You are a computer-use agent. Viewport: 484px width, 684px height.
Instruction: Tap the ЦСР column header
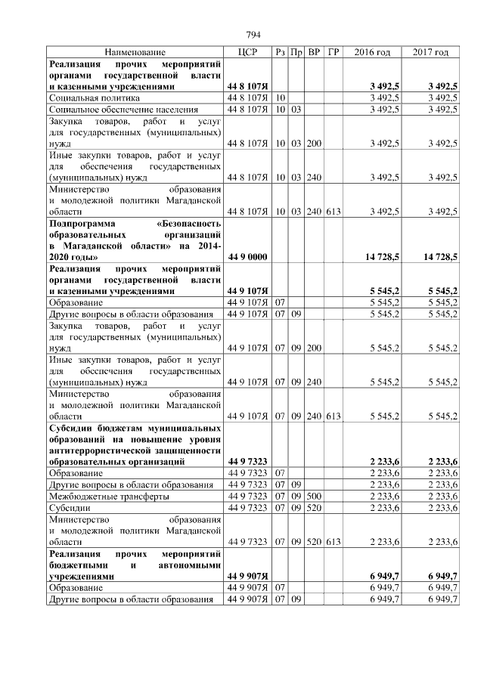248,52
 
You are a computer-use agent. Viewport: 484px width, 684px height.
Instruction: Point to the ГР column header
334,52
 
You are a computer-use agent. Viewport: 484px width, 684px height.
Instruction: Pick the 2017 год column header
430,52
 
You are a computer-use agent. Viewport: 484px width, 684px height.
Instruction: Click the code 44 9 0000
248,258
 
